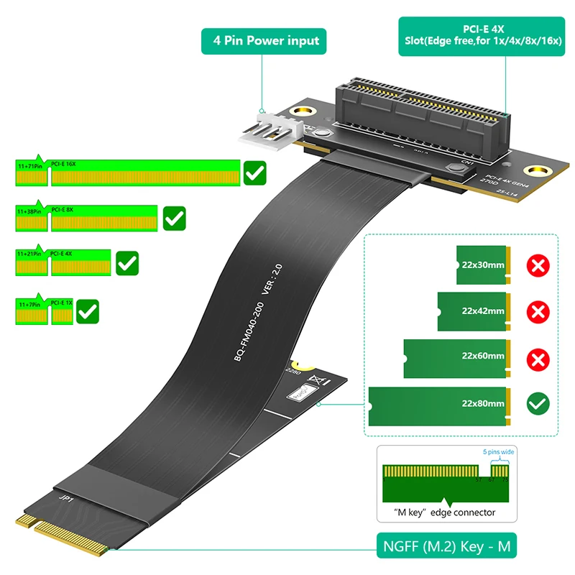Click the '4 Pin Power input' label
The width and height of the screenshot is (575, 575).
coord(263,41)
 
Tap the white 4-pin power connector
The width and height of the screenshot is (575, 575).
coord(267,131)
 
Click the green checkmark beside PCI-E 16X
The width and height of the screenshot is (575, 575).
coord(255,173)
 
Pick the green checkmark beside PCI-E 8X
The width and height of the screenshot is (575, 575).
coord(175,218)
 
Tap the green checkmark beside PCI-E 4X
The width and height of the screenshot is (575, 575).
coord(127,263)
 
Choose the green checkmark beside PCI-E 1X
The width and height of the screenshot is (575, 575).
coord(88,310)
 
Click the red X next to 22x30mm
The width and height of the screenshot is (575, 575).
coord(537,266)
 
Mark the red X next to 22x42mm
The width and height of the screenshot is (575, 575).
coord(537,311)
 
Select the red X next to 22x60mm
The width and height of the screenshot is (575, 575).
coord(537,356)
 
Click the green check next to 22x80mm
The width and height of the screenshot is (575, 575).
coord(537,403)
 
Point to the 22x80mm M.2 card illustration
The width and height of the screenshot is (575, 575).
coord(438,404)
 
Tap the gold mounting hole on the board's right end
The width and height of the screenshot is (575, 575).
coord(535,171)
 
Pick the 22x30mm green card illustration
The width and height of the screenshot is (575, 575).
coord(482,265)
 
